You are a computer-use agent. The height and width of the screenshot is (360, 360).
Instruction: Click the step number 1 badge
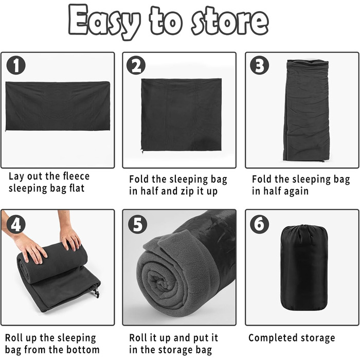(x=16, y=65)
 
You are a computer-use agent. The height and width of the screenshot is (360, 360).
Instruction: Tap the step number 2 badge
(x=136, y=65)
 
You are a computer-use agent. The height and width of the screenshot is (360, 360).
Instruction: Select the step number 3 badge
(x=259, y=65)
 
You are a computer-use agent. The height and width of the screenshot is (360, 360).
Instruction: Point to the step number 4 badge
(x=16, y=224)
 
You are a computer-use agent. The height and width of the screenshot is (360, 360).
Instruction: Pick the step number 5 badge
(x=137, y=224)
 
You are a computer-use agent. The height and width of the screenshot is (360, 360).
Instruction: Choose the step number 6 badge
(x=259, y=224)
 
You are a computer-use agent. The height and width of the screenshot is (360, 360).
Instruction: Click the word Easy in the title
(x=104, y=22)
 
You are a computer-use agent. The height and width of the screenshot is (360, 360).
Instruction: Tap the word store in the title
(x=230, y=21)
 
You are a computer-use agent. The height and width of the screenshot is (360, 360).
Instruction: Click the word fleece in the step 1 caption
(x=76, y=176)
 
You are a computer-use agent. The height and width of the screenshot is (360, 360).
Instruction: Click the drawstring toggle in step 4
(x=97, y=293)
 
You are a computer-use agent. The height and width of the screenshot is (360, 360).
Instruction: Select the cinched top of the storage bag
(x=303, y=231)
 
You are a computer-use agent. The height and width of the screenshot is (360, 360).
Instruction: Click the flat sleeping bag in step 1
(x=58, y=106)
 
